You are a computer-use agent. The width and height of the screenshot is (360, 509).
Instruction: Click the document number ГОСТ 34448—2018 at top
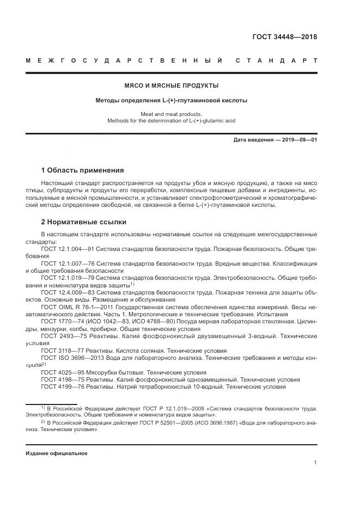point(284,38)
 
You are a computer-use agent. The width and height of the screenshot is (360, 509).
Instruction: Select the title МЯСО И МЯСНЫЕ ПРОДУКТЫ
point(172,86)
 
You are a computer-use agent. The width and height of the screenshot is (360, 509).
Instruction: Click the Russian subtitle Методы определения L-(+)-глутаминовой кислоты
point(172,101)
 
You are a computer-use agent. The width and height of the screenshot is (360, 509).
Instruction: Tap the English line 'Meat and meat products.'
point(172,114)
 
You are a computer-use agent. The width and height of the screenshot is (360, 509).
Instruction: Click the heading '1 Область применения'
point(82,170)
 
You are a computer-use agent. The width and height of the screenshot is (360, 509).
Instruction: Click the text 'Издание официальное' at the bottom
point(56,453)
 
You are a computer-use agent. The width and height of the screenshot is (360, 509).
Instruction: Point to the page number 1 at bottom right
point(315,463)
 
